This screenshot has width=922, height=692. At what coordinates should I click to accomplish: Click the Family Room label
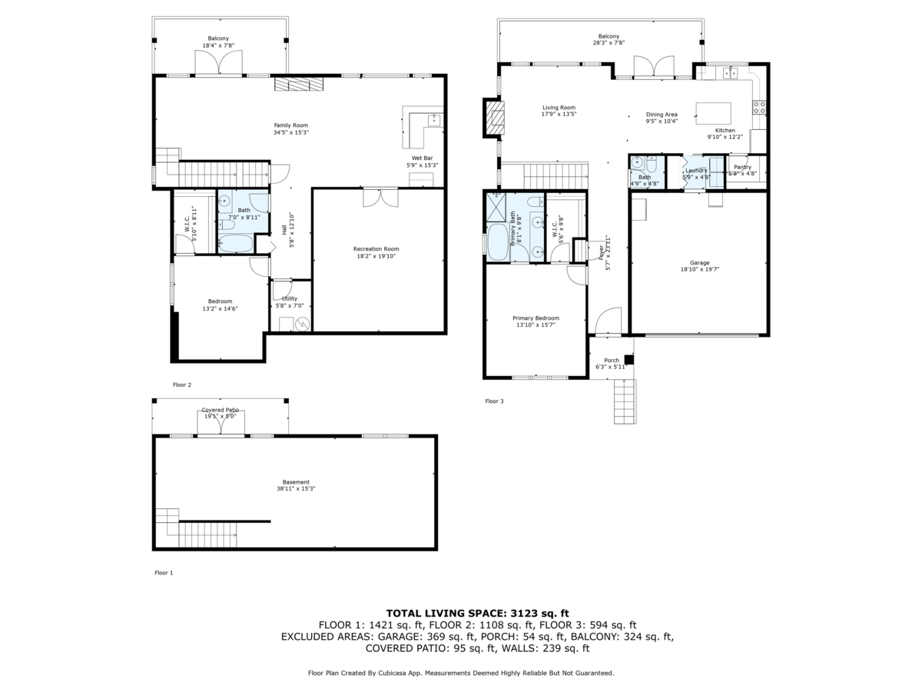click(x=290, y=128)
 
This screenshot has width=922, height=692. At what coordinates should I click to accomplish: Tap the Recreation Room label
click(x=376, y=252)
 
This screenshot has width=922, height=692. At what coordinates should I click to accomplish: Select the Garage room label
click(x=699, y=266)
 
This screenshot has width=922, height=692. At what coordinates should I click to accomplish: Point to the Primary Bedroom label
click(x=536, y=321)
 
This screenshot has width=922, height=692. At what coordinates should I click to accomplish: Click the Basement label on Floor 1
click(x=296, y=485)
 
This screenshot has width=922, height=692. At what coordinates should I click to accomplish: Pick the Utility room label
click(x=289, y=302)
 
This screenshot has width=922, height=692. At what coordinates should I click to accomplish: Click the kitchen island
click(x=713, y=113)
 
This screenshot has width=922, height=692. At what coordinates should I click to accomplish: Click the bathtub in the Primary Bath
click(x=498, y=242)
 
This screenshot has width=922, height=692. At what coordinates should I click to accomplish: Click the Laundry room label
click(x=696, y=174)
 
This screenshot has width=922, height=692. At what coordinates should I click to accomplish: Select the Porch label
click(x=612, y=363)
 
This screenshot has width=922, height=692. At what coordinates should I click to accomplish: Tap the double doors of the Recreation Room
click(x=381, y=197)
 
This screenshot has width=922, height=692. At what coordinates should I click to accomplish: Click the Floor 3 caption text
click(x=494, y=401)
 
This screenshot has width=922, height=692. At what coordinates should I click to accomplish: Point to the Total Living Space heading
click(x=477, y=613)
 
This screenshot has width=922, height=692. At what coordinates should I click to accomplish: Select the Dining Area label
click(x=661, y=118)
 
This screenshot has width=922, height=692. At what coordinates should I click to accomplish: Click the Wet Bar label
click(x=422, y=161)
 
